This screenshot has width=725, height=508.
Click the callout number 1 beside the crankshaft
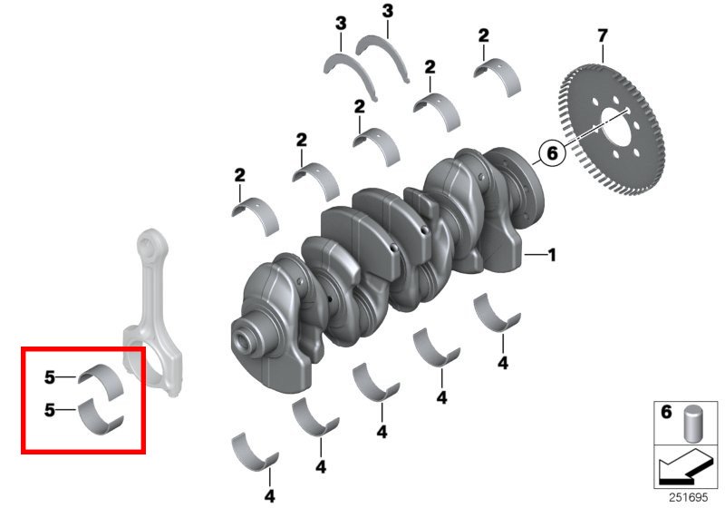551,255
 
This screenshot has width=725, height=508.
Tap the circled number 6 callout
552,152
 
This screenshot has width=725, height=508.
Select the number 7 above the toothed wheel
602,35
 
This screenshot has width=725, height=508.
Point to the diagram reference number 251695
688,497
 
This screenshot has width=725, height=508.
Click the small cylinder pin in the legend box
691,424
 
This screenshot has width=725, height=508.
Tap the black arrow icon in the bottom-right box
686,467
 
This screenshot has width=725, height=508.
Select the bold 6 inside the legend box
666,411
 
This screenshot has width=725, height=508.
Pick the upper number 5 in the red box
50,377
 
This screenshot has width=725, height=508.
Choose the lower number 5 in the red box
50,410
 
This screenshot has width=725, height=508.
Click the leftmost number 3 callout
341,24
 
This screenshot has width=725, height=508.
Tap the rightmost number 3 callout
388,11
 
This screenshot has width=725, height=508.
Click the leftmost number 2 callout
239,175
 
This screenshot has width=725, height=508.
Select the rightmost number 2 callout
483,35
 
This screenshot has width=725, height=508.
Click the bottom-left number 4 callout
269,496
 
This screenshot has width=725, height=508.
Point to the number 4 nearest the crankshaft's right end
503,363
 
